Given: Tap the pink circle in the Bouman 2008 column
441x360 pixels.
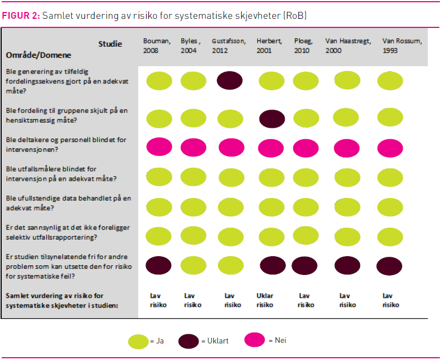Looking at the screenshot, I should pyautogui.click(x=159, y=146).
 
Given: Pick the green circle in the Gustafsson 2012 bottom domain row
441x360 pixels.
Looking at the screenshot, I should pyautogui.click(x=230, y=265).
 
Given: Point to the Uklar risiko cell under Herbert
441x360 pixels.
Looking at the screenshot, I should pyautogui.click(x=265, y=300).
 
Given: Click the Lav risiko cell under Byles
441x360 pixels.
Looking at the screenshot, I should pyautogui.click(x=190, y=300).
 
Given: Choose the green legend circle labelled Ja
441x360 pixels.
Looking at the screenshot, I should pyautogui.click(x=138, y=341).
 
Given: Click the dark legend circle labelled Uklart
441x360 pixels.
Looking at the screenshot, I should pyautogui.click(x=188, y=341).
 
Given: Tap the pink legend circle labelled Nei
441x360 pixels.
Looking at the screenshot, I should pyautogui.click(x=254, y=340).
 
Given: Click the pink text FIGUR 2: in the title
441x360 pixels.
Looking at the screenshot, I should pyautogui.click(x=21, y=15).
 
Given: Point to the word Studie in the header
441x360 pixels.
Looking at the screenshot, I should pyautogui.click(x=110, y=44).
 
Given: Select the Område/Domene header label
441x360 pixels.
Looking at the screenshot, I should pyautogui.click(x=38, y=55).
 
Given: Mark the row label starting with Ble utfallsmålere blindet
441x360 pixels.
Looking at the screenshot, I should pyautogui.click(x=60, y=173).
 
